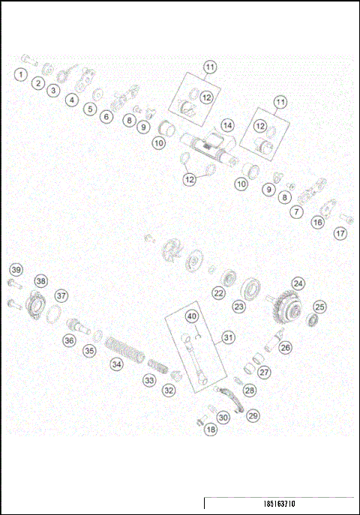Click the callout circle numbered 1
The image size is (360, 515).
pyautogui.click(x=20, y=74)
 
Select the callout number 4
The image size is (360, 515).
pyautogui.click(x=72, y=99)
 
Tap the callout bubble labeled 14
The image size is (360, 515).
pyautogui.click(x=226, y=124)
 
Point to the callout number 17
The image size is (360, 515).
pyautogui.click(x=341, y=233)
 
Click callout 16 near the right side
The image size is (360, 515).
pyautogui.click(x=318, y=223)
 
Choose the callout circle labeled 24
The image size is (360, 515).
pyautogui.click(x=298, y=283)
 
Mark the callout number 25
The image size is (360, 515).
pyautogui.click(x=319, y=307)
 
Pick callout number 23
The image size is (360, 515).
pyautogui.click(x=239, y=306)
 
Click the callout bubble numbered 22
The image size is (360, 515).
pyautogui.click(x=218, y=292)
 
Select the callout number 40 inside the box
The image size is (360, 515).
pyautogui.click(x=192, y=316)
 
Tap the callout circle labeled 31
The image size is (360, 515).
pyautogui.click(x=228, y=338)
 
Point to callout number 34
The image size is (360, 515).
pyautogui.click(x=116, y=364)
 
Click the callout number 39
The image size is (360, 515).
pyautogui.click(x=16, y=270)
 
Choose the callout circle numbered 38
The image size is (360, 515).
pyautogui.click(x=40, y=281)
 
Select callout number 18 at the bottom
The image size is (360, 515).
pyautogui.click(x=211, y=430)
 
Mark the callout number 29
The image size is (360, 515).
pyautogui.click(x=253, y=415)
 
